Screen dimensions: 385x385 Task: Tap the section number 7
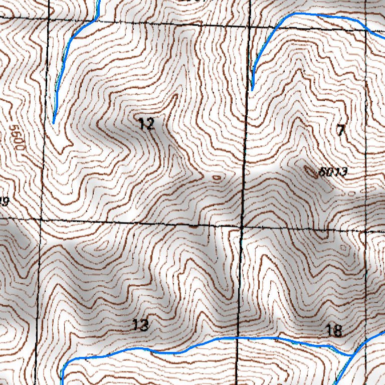pyautogui.click(x=341, y=131)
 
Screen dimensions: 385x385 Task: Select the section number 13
pyautogui.click(x=141, y=325)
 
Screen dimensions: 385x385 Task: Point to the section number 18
pyautogui.click(x=334, y=330)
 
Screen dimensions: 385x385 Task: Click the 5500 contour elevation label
pyautogui.click(x=17, y=140)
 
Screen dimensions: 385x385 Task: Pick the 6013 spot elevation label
pyautogui.click(x=333, y=172)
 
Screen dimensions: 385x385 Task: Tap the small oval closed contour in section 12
pyautogui.click(x=217, y=177)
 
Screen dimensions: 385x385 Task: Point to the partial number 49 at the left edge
pyautogui.click(x=5, y=202)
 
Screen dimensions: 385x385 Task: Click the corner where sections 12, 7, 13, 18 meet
pyautogui.click(x=242, y=226)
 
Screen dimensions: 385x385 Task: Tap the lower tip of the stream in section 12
pyautogui.click(x=54, y=122)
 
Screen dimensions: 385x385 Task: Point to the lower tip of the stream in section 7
pyautogui.click(x=252, y=90)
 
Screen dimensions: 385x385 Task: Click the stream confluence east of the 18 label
pyautogui.click(x=351, y=355)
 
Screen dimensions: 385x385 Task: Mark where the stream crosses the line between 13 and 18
pyautogui.click(x=237, y=338)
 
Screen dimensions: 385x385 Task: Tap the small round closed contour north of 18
pyautogui.click(x=343, y=248)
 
